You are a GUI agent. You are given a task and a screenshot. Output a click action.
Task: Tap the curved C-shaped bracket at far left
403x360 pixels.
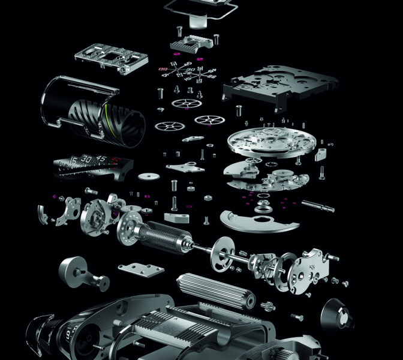pos(47,215)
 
